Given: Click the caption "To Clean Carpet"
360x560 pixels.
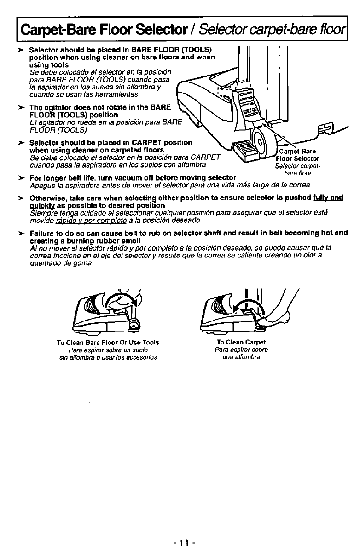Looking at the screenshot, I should [241, 342].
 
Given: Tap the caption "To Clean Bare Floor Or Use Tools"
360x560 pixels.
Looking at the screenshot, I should [108, 343].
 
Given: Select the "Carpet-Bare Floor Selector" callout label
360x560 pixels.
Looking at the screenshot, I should [298, 155].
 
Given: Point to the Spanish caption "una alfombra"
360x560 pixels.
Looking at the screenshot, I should [241, 357].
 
